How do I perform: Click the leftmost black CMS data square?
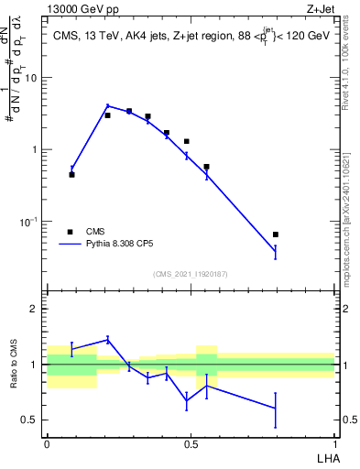[x=71, y=174]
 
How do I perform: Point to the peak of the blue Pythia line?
[x=107, y=106]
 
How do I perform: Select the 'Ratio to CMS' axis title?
[x=14, y=364]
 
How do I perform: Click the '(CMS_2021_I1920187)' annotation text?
[x=190, y=274]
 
